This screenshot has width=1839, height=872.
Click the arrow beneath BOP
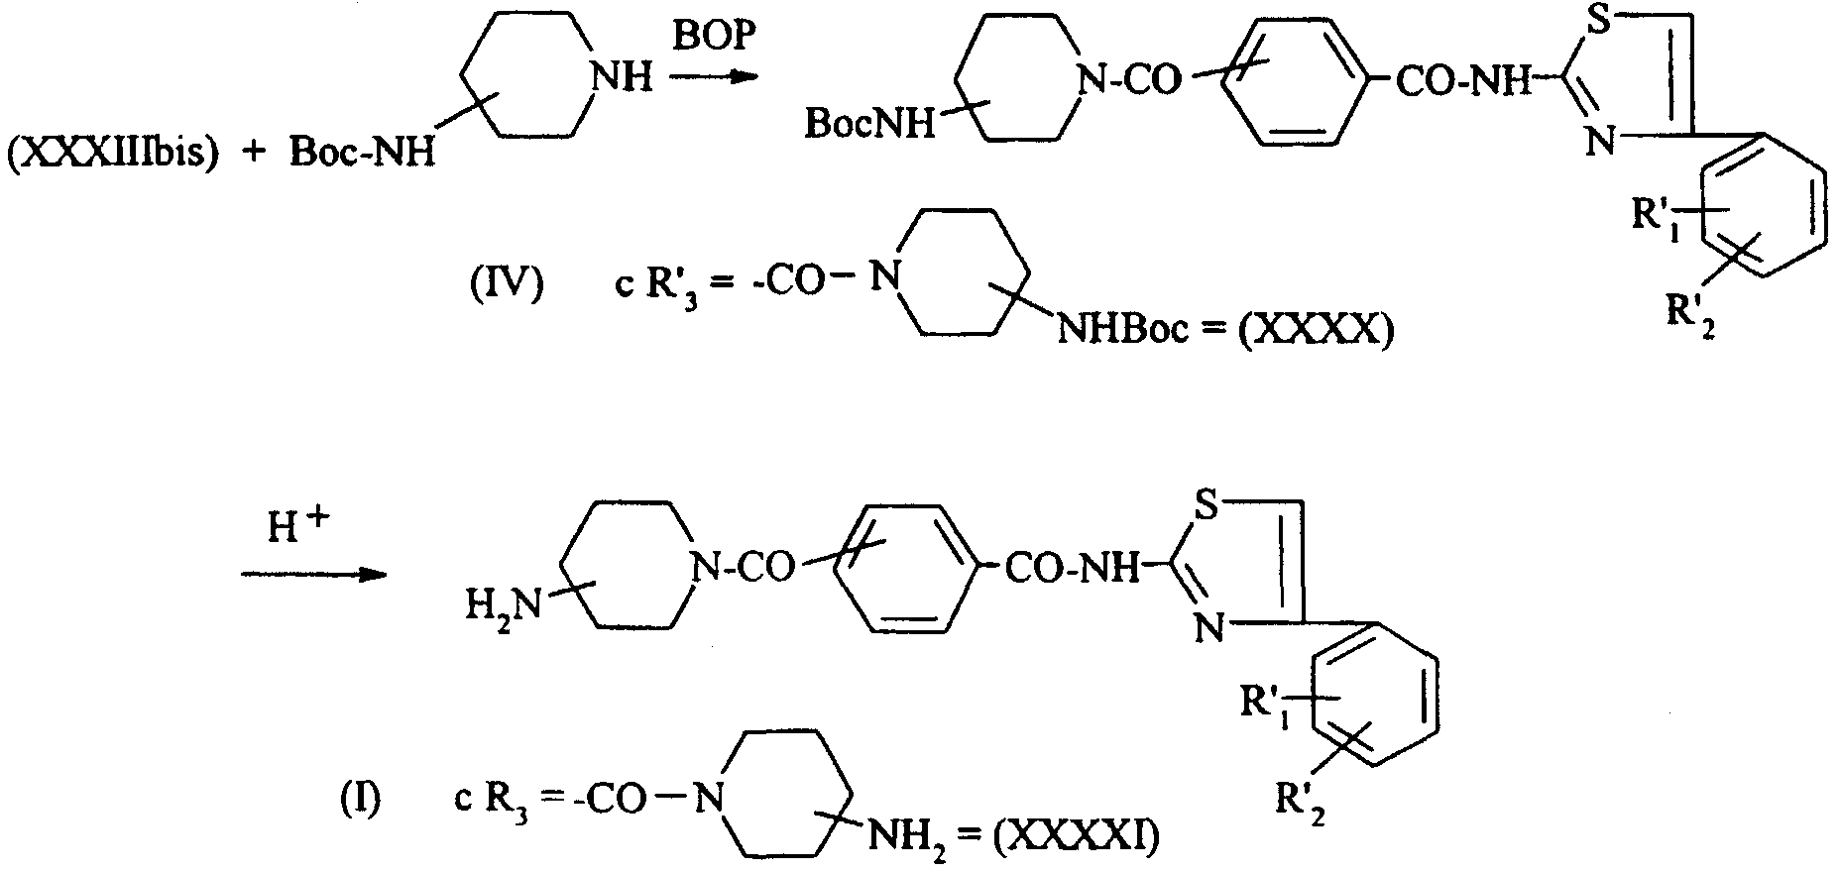(x=707, y=76)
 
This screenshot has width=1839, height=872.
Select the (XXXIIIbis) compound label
(x=111, y=155)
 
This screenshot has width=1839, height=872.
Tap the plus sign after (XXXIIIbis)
(x=254, y=154)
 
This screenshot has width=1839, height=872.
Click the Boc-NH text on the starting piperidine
(x=362, y=154)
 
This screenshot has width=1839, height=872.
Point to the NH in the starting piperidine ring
(x=621, y=76)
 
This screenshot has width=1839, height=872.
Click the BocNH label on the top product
(x=870, y=124)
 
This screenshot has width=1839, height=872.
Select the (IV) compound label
(x=506, y=285)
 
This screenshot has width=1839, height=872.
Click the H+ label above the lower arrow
(x=298, y=529)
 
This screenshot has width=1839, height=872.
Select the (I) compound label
(x=354, y=799)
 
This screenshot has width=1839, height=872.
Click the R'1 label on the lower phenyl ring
(x=1263, y=706)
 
